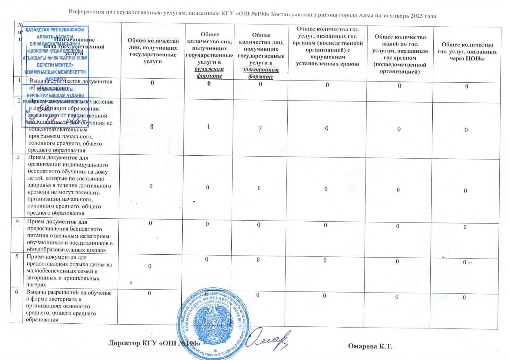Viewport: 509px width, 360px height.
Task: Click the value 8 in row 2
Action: click(x=152, y=127)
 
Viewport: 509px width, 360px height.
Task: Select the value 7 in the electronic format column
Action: click(x=260, y=128)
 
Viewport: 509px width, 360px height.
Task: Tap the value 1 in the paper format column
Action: click(x=208, y=127)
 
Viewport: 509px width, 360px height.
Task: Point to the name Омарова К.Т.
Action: click(x=370, y=346)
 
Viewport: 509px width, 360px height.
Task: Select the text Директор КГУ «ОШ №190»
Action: click(x=154, y=343)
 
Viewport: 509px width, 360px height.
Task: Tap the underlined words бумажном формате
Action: click(x=209, y=73)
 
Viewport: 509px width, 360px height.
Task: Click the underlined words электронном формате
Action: click(x=261, y=73)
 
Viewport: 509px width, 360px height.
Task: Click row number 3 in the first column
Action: click(x=18, y=157)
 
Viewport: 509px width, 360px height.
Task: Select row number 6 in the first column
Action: click(x=17, y=292)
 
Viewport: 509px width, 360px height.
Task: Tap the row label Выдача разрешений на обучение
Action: click(x=69, y=293)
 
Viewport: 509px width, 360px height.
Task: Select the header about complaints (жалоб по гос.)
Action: click(x=400, y=44)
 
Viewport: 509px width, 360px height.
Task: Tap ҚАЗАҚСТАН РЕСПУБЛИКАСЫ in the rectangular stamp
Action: click(x=55, y=30)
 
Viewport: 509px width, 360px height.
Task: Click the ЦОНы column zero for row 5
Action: click(x=464, y=262)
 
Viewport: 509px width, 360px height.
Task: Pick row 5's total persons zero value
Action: click(x=150, y=266)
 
